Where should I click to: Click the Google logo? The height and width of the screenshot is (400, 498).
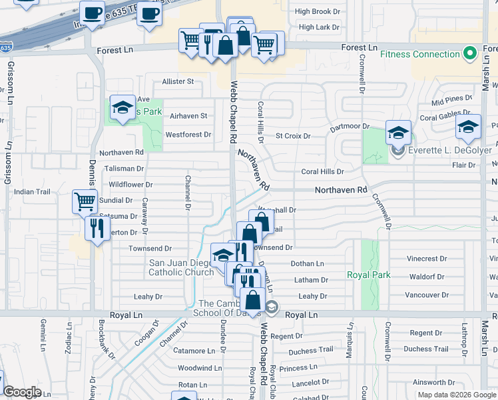[x=22, y=392]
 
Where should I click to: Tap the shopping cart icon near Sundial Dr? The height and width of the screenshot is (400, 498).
[x=85, y=200]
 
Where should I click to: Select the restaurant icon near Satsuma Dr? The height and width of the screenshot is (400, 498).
[x=98, y=229]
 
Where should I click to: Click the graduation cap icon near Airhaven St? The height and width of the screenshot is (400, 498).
[x=123, y=107]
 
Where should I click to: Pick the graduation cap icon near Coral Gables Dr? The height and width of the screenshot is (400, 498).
[x=468, y=127]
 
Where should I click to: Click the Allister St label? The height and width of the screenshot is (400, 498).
[x=178, y=81]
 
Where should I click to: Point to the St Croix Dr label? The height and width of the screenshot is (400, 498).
[x=293, y=136]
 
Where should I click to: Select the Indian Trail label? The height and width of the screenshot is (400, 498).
[x=32, y=192]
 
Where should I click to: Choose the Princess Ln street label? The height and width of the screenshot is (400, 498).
[x=298, y=367]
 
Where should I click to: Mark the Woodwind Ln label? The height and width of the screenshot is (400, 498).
[x=200, y=368]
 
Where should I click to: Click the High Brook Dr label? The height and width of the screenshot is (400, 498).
[x=318, y=11]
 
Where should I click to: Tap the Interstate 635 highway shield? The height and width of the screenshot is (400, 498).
[x=5, y=48]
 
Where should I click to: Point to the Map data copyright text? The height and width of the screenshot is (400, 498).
[x=457, y=395]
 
